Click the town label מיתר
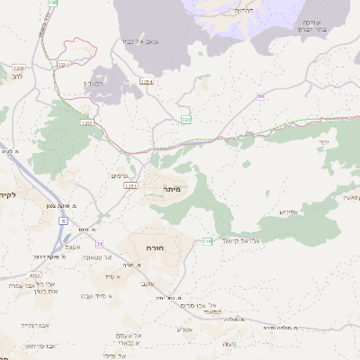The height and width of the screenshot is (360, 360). click(x=173, y=189)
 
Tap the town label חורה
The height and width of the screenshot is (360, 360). click(x=147, y=244)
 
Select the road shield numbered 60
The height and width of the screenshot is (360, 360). click(x=260, y=95)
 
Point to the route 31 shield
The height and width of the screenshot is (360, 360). click(x=100, y=243)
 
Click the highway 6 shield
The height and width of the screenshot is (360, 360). click(x=65, y=220)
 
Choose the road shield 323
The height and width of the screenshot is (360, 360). click(x=186, y=119)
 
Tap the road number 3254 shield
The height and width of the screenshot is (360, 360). click(x=146, y=82)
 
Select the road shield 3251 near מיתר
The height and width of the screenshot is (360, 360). click(x=130, y=186)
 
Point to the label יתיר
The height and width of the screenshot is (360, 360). click(x=323, y=141)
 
